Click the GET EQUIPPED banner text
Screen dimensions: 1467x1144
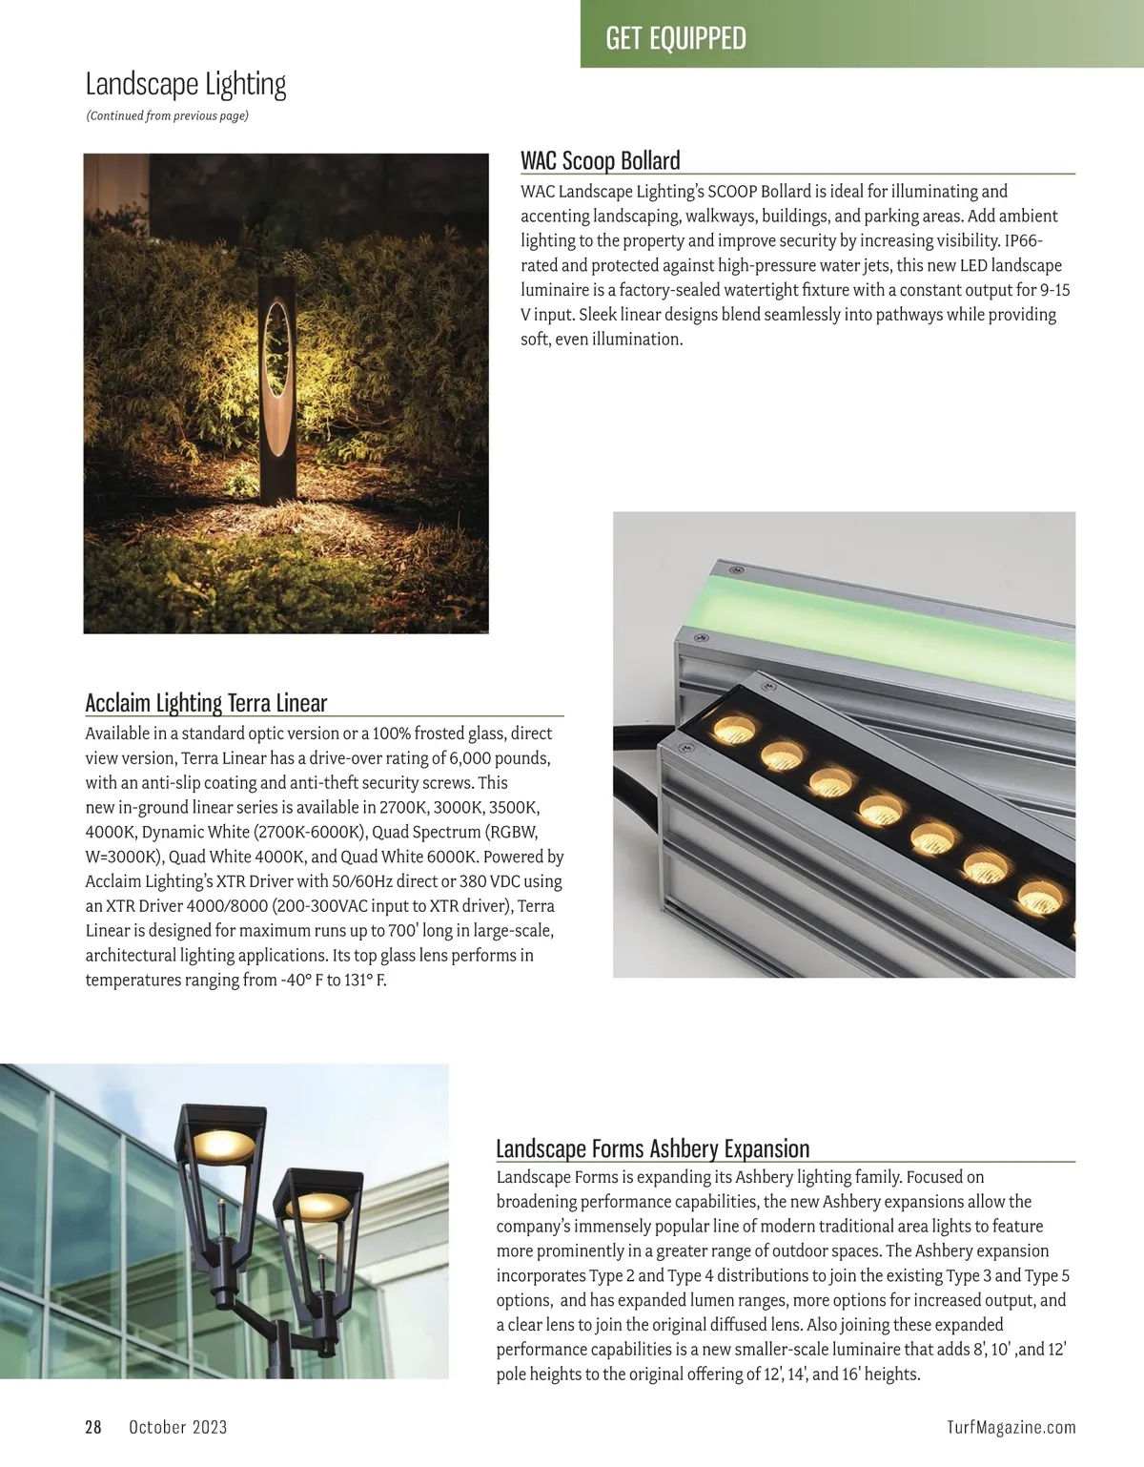676,38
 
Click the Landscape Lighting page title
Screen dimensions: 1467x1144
186,85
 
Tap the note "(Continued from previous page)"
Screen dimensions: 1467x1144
167,116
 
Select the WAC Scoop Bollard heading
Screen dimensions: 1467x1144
601,160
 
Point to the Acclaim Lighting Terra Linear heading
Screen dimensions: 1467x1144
206,703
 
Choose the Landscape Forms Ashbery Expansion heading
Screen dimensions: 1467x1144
653,1148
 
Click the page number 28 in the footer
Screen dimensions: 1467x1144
93,1427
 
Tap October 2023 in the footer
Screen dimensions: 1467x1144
178,1427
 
